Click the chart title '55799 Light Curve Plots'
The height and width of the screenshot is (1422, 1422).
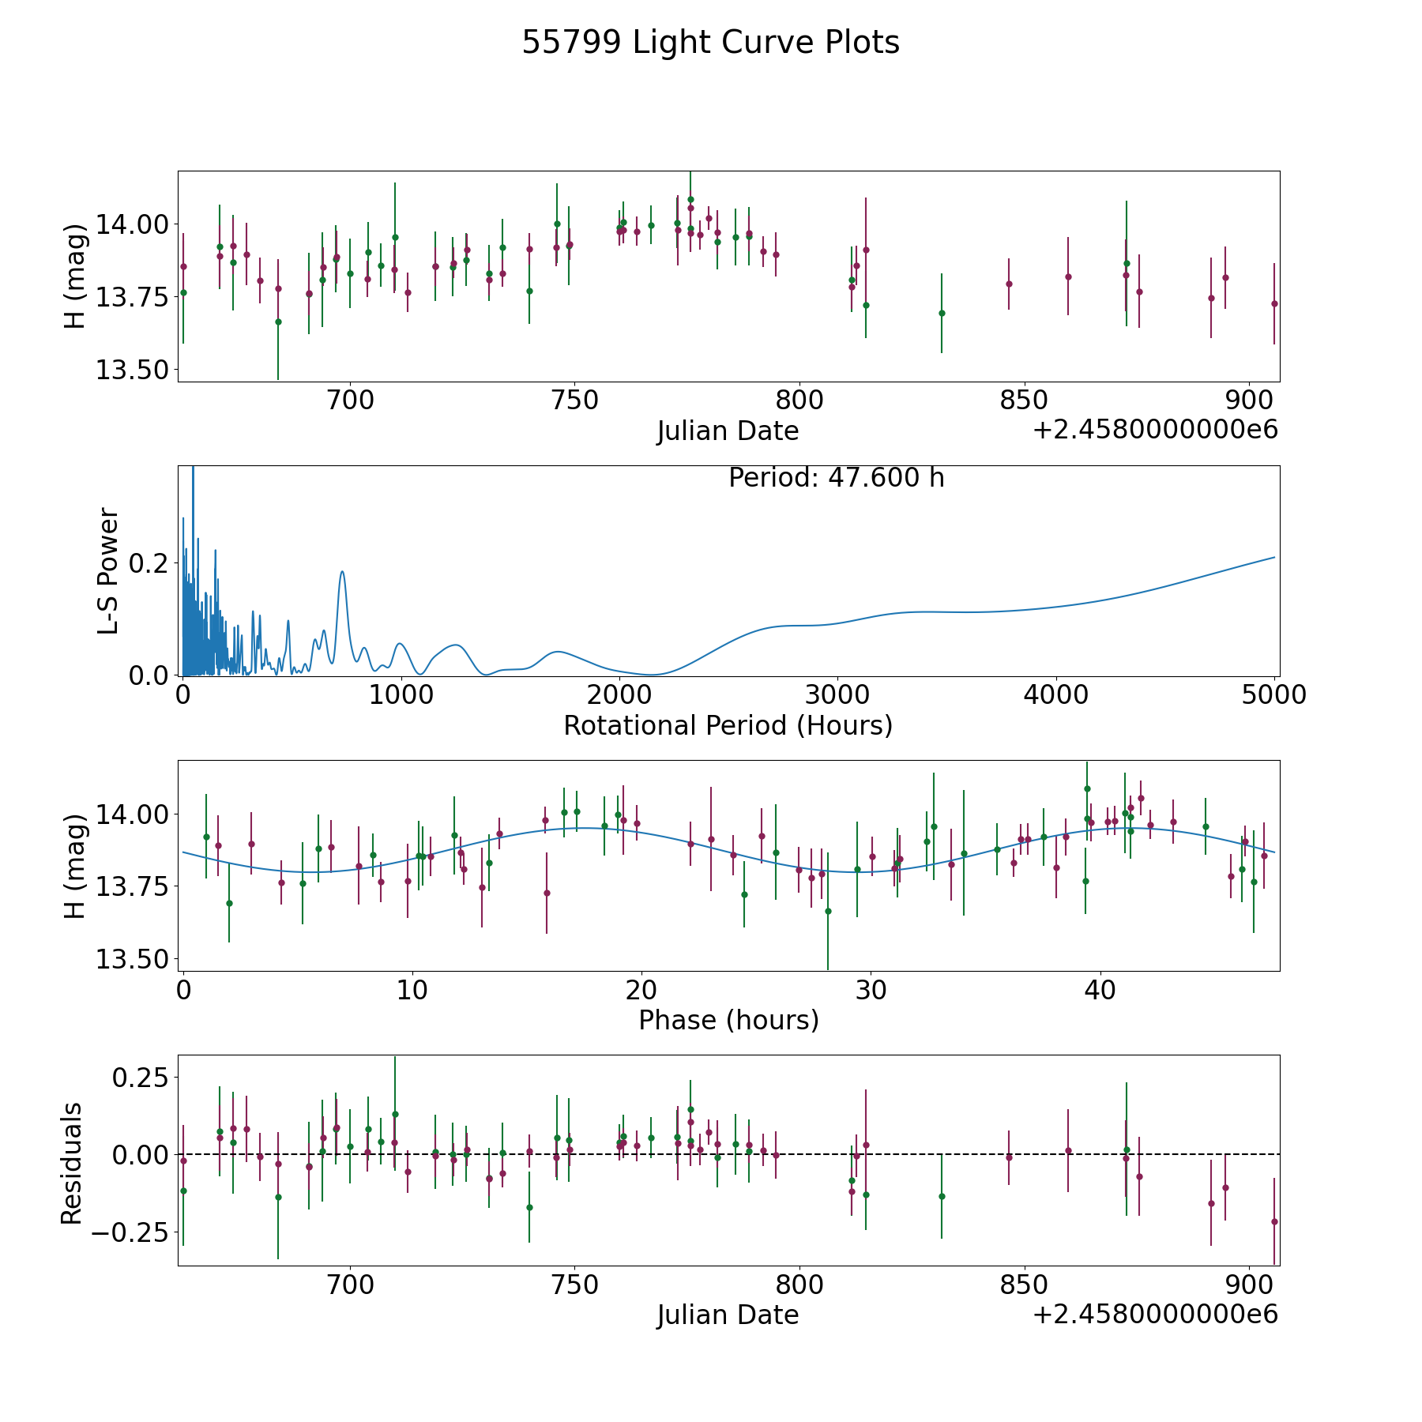pos(710,43)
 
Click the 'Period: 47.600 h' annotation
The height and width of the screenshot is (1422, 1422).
pos(837,478)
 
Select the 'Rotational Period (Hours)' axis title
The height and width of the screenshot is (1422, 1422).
pos(728,725)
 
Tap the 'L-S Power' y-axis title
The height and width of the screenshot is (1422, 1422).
pos(108,571)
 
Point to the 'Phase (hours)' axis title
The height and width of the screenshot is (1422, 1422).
pos(728,1020)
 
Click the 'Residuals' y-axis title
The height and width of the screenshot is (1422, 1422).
pos(73,1164)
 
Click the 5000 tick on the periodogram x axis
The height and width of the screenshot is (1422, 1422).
pos(1274,695)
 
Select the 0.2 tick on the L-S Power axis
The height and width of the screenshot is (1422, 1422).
pos(148,563)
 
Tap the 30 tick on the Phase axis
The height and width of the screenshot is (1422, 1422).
pos(871,991)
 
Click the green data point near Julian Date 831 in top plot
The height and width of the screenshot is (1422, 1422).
pos(942,313)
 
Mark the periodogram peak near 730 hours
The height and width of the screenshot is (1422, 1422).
pos(342,571)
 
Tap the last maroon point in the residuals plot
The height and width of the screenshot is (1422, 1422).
pos(1274,1221)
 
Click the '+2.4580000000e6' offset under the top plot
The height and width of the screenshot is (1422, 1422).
pos(1155,430)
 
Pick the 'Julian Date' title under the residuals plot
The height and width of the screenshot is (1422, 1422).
pos(728,1315)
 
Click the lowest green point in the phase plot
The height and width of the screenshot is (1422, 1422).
pos(828,911)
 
